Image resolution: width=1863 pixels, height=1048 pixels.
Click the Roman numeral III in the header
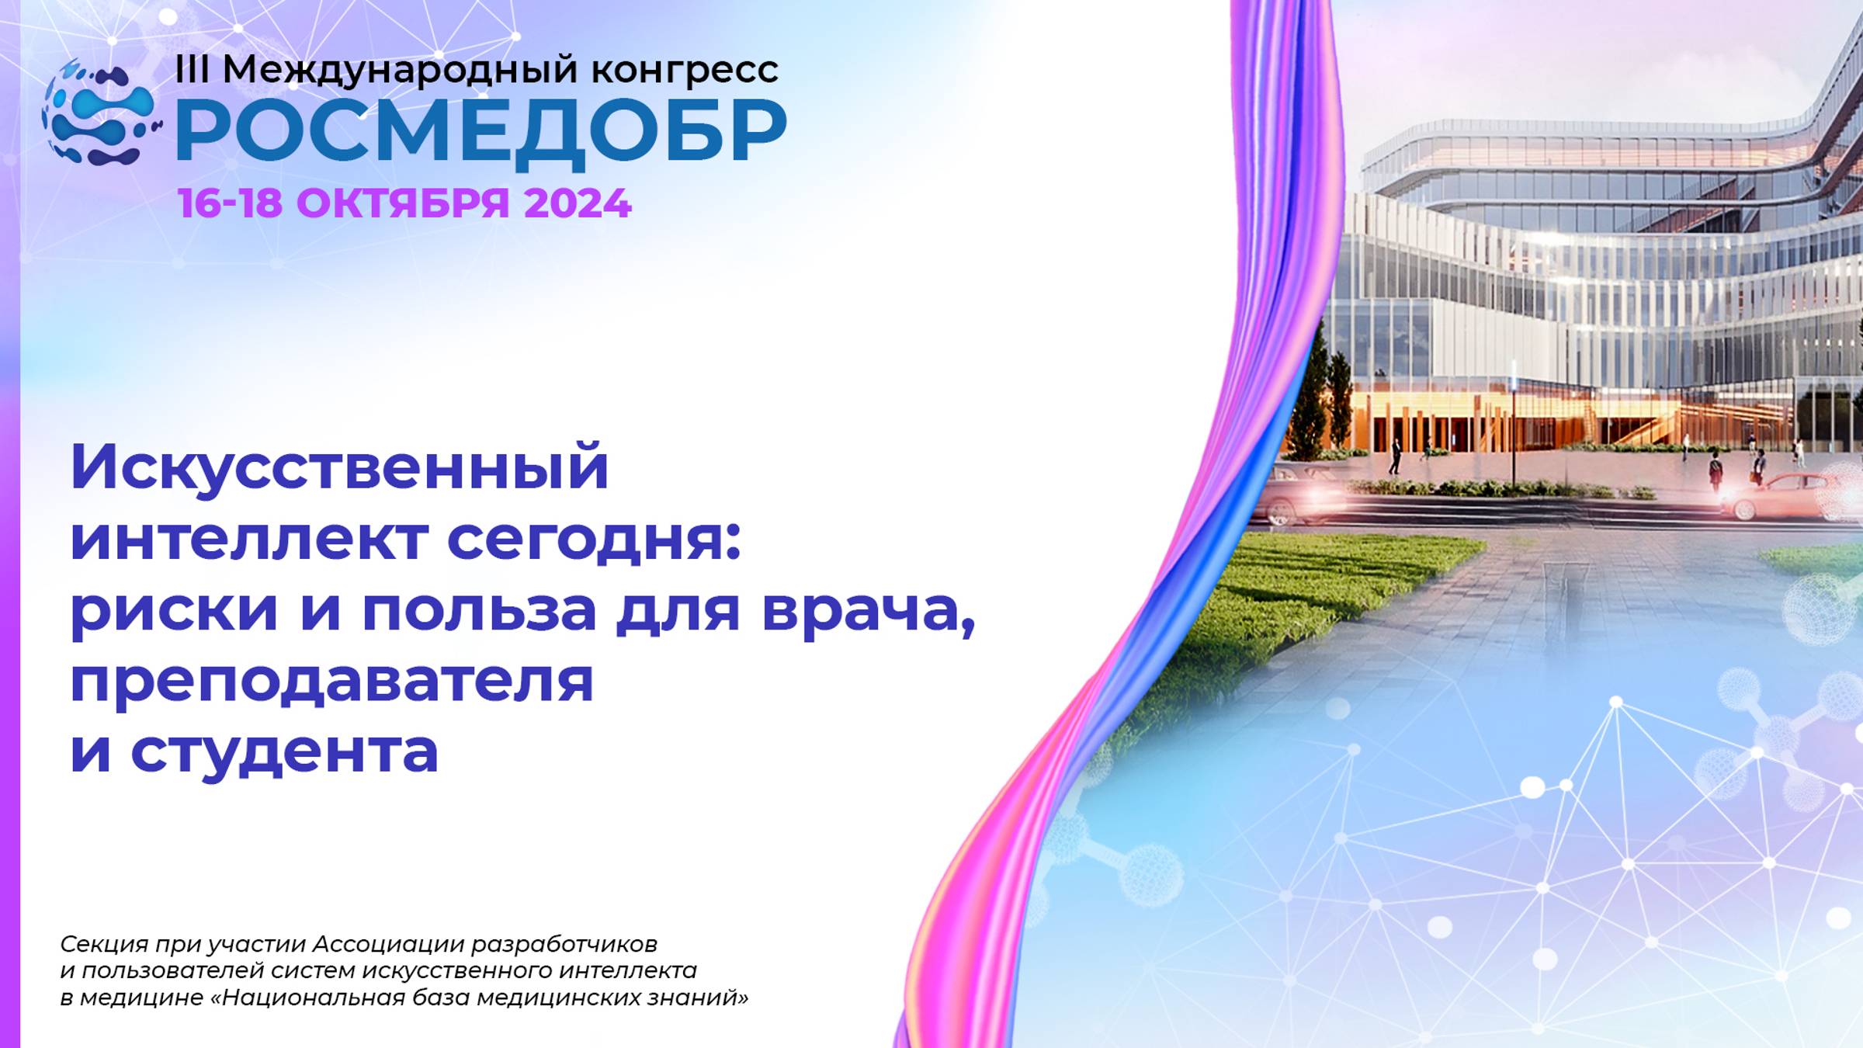[192, 70]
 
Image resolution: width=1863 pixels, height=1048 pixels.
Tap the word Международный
[401, 70]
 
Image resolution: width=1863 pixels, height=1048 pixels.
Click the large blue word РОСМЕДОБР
[481, 132]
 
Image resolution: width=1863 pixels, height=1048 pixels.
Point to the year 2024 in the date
[578, 203]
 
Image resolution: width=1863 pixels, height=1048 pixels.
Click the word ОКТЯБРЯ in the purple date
[403, 203]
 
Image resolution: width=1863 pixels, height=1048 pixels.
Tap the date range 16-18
[230, 203]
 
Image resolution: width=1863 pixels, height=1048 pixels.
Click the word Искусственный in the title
[339, 468]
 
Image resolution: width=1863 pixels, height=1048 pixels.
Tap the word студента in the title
[284, 751]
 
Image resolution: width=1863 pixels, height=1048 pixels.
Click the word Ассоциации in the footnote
[388, 944]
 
